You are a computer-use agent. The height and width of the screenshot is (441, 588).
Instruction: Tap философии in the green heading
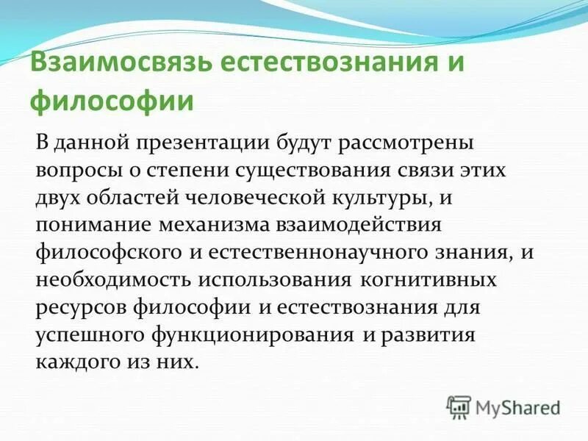pos(111,101)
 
